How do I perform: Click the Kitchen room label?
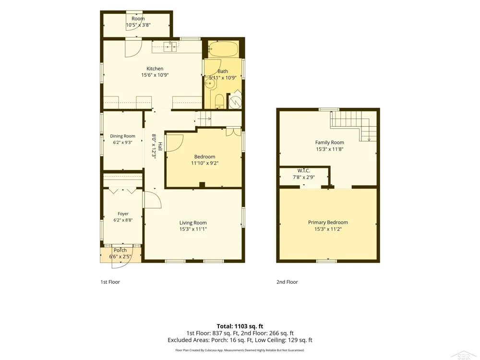tap(155, 69)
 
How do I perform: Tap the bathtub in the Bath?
tap(223, 49)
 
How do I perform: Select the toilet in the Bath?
tap(219, 101)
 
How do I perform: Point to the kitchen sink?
tap(170, 47)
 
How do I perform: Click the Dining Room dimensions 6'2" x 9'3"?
tap(122, 143)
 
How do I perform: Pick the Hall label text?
tap(160, 146)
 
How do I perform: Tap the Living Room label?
tap(193, 223)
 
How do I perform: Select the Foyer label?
tap(123, 214)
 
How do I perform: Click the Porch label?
tap(120, 250)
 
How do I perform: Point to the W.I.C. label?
tap(304, 170)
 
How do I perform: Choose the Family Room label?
tap(330, 143)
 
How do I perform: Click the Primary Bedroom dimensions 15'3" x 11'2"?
tap(328, 229)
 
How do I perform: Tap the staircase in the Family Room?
tap(353, 126)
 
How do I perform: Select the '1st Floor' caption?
tap(110, 282)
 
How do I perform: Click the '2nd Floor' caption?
tap(287, 282)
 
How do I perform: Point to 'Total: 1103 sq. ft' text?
tap(240, 326)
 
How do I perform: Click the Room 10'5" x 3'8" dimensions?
tap(138, 25)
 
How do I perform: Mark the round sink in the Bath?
tap(210, 83)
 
